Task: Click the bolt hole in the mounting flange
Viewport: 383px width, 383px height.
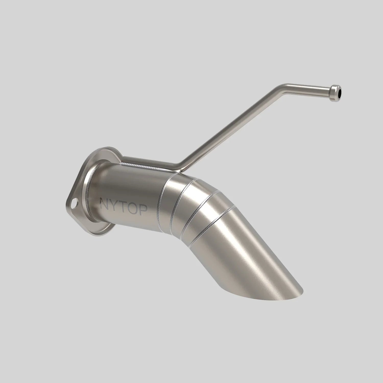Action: [74, 204]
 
